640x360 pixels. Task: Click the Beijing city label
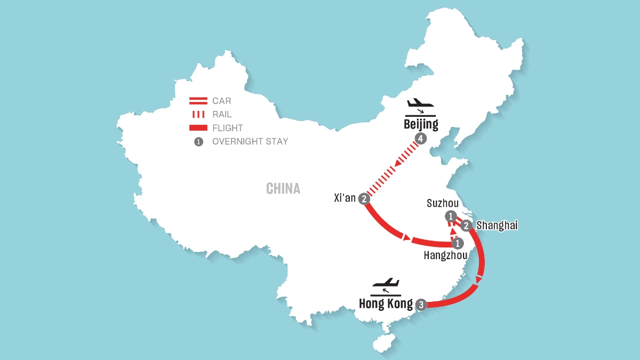(421, 125)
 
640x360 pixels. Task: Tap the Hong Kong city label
(386, 303)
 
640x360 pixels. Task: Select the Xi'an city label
(345, 198)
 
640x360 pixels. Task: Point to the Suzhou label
(443, 203)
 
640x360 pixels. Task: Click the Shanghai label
(497, 226)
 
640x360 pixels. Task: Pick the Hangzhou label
(445, 255)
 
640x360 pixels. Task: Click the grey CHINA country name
(283, 189)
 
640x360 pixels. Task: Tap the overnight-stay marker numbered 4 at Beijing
(421, 139)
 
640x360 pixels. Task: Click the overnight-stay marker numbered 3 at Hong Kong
(421, 305)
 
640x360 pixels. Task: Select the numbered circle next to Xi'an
(364, 199)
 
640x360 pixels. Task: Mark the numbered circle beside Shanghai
(466, 226)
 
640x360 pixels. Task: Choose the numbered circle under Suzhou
(451, 217)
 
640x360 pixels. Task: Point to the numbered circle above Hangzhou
(458, 243)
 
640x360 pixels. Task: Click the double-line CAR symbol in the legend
(198, 101)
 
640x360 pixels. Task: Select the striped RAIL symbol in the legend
(198, 114)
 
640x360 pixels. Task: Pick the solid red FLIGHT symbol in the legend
(198, 127)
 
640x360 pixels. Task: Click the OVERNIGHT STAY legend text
(250, 141)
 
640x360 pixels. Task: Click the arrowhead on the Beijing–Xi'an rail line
(399, 163)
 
